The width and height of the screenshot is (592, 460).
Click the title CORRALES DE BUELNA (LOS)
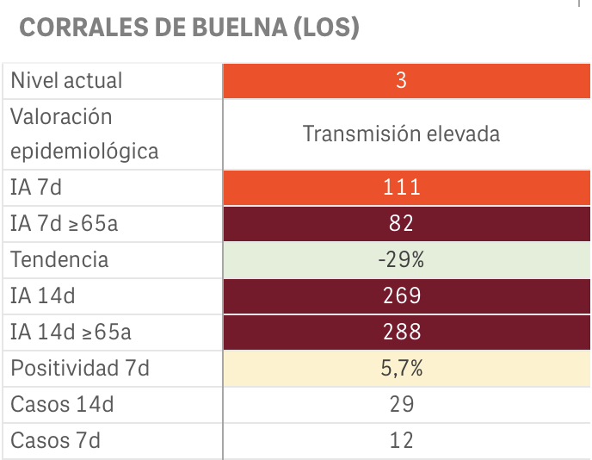pyautogui.click(x=188, y=28)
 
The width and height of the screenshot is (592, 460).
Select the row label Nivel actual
pyautogui.click(x=66, y=81)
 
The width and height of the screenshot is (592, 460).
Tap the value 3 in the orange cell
pyautogui.click(x=401, y=81)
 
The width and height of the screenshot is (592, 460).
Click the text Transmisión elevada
pyautogui.click(x=401, y=134)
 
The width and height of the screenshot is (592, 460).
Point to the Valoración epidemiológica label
pyautogui.click(x=84, y=134)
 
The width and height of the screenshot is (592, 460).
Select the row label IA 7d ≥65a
pyautogui.click(x=64, y=224)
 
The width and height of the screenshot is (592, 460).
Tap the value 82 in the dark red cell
pyautogui.click(x=401, y=224)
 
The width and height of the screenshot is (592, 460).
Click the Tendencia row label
pyautogui.click(x=59, y=260)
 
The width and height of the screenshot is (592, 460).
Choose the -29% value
pyautogui.click(x=401, y=260)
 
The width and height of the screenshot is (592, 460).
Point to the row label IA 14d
pyautogui.click(x=43, y=296)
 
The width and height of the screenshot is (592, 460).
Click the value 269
pyautogui.click(x=401, y=296)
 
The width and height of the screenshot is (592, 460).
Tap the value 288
pyautogui.click(x=401, y=333)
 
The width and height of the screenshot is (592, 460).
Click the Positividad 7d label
pyautogui.click(x=80, y=369)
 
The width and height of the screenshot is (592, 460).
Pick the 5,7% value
pyautogui.click(x=401, y=369)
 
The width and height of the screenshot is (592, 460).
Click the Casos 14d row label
pyautogui.click(x=62, y=405)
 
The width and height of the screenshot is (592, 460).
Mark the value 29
pyautogui.click(x=401, y=405)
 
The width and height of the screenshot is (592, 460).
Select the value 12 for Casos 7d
pyautogui.click(x=401, y=441)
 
